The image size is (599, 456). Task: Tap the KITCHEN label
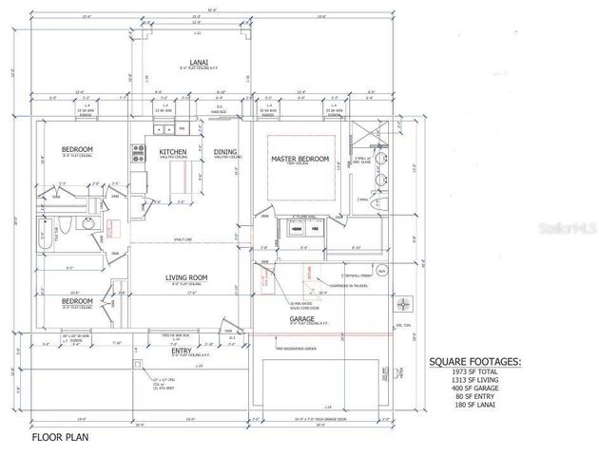(x=172, y=152)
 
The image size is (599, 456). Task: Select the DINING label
(x=225, y=152)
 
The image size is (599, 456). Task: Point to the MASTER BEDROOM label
(x=299, y=159)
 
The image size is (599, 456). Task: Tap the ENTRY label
(x=181, y=350)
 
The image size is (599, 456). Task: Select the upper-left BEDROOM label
(x=77, y=150)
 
